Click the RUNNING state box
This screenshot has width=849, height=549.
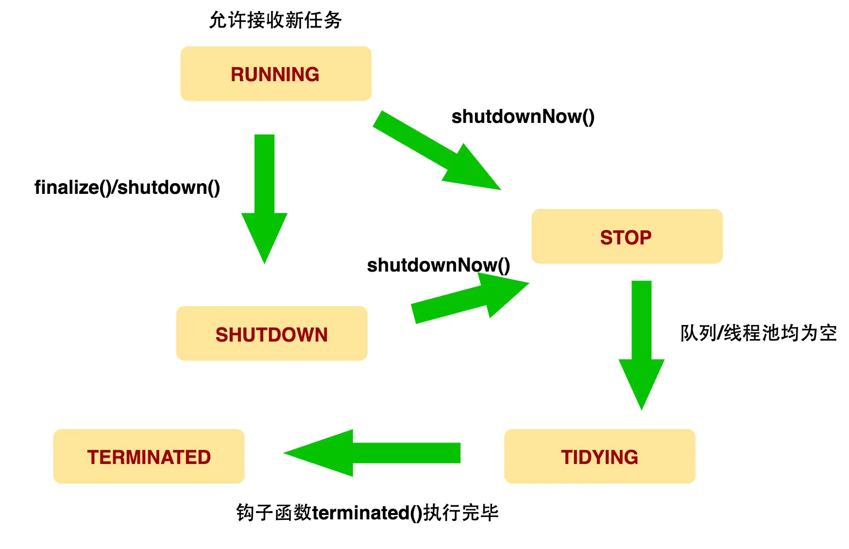275,74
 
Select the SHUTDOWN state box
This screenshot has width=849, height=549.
272,334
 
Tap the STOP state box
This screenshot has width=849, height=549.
627,237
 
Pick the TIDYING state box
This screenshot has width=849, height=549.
599,456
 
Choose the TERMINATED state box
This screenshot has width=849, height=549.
149,456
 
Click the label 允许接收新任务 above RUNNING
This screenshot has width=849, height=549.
275,20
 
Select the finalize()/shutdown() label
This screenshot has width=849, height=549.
127,188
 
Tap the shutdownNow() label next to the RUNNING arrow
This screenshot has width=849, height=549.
523,117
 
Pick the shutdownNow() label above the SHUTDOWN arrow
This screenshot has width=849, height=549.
438,265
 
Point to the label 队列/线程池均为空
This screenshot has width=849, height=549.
758,333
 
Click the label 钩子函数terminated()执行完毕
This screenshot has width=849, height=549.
367,513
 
